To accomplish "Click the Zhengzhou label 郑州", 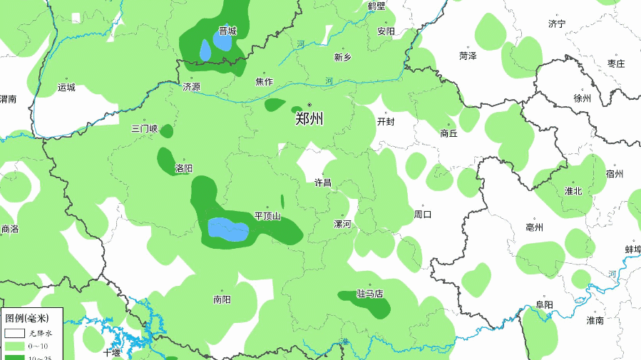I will (309, 119).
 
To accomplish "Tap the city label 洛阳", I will (184, 169).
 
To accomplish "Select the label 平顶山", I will (268, 216).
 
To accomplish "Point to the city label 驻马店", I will (370, 294).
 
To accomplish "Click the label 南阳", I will (222, 299).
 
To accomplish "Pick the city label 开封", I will (385, 121).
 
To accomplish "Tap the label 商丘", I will (448, 133).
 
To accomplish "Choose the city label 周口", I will (423, 214).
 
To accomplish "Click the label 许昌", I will (323, 182).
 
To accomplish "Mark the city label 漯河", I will (343, 224).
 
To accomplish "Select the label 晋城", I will (227, 31).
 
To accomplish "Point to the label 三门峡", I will (145, 129).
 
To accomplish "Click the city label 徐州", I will (583, 98).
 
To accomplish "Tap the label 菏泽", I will (468, 56).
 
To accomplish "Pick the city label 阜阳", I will (544, 305).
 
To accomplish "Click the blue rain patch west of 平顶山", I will (227, 230).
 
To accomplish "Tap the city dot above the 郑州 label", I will (309, 105).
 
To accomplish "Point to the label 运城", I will (66, 88).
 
